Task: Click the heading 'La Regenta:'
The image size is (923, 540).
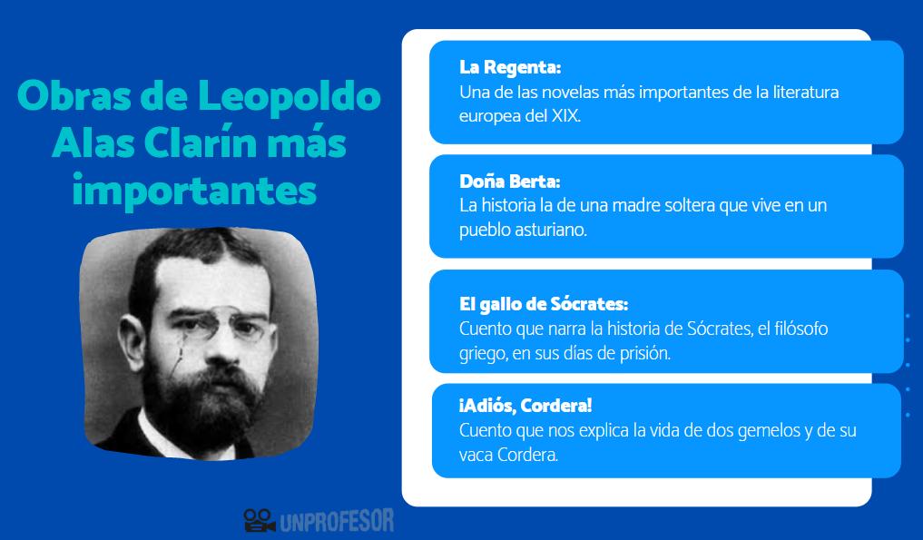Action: pyautogui.click(x=510, y=68)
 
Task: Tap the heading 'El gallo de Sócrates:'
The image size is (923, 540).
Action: pyautogui.click(x=544, y=304)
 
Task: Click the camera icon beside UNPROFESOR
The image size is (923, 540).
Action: pyautogui.click(x=259, y=520)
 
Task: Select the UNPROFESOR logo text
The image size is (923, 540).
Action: pyautogui.click(x=337, y=521)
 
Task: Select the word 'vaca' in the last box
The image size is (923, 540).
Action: pyautogui.click(x=476, y=455)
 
